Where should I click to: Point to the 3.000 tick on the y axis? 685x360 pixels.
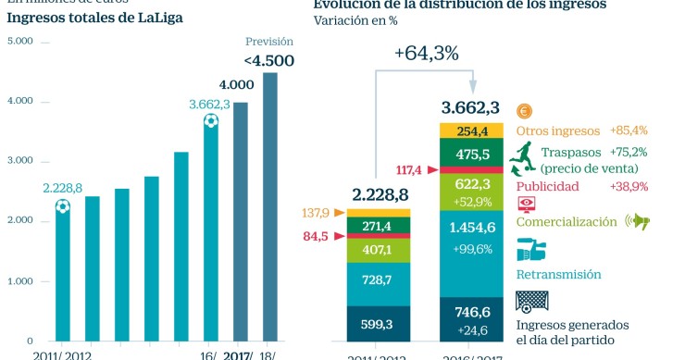pos(19,161)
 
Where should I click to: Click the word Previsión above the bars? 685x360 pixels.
pos(269,42)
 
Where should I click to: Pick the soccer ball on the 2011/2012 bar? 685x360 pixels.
pos(62,206)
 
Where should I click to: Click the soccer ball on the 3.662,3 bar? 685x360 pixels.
pos(210,121)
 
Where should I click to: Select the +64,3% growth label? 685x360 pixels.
pos(426,54)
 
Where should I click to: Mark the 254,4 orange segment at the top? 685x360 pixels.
pos(470,131)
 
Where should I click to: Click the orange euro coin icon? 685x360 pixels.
pos(524,111)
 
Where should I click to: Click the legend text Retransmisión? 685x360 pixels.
pos(558,275)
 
